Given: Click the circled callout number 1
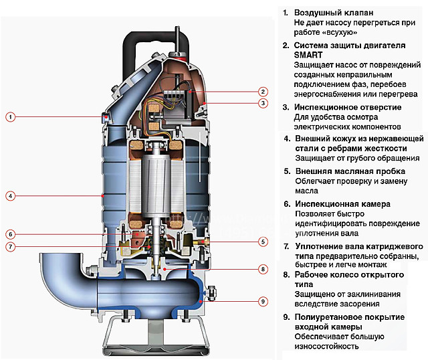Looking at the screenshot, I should tap(10, 116).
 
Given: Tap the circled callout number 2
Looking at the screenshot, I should tap(263, 92).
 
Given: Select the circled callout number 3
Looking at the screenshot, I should tap(263, 103).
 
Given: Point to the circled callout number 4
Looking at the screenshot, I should tap(10, 196).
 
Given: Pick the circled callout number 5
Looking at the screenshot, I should tap(263, 242).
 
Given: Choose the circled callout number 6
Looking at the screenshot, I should tap(10, 234).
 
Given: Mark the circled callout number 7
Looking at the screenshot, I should tap(10, 246).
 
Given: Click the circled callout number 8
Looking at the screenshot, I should tap(263, 269).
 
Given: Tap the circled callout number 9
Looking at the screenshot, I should tap(263, 302).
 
